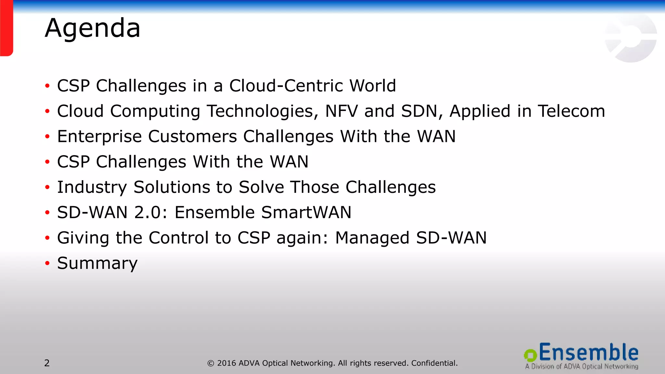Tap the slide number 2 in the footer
(47, 363)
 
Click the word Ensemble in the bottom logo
(588, 353)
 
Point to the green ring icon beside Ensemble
(530, 355)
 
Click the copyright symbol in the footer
(211, 363)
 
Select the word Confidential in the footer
(434, 363)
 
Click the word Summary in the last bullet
(97, 263)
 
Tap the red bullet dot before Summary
(47, 263)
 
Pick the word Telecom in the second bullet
(571, 111)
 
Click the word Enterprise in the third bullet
(99, 137)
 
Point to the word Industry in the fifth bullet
(92, 187)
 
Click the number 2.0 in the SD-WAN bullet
(148, 213)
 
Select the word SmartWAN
(306, 213)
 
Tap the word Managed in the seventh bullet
(372, 238)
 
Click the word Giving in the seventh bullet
(83, 238)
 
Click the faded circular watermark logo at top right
(630, 38)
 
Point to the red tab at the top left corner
(6, 28)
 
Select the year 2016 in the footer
(227, 363)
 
